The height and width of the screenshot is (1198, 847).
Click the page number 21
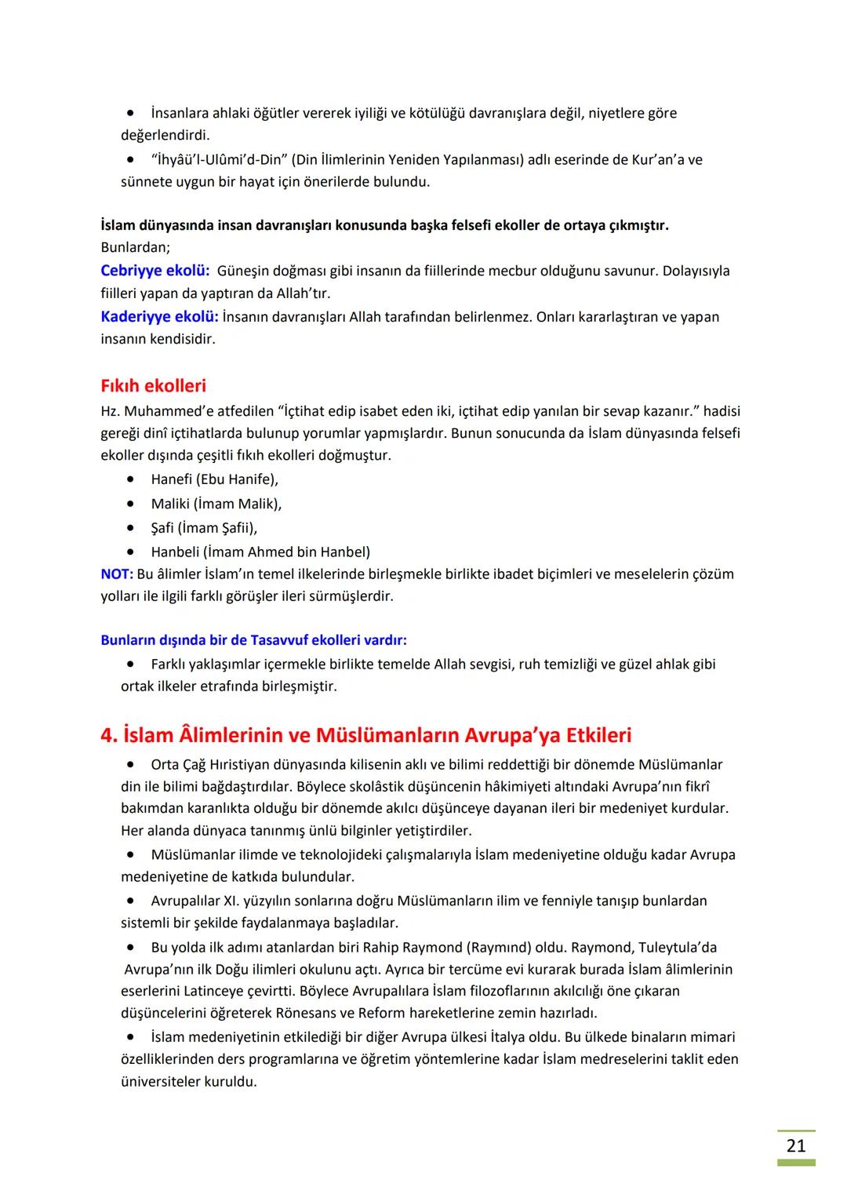click(795, 1145)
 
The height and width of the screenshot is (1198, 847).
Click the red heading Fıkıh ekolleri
click(153, 386)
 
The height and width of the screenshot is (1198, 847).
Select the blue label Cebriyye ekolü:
click(154, 271)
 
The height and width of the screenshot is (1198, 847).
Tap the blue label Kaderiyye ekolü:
click(159, 317)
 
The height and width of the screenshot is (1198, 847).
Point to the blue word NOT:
click(116, 574)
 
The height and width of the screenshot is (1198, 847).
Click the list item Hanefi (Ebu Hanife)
click(214, 479)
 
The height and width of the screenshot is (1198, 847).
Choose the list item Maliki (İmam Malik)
click(216, 504)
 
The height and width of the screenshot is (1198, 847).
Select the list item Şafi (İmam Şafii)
click(204, 527)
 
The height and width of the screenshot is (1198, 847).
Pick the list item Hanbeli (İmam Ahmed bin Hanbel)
click(260, 552)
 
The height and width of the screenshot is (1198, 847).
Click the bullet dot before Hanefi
click(130, 479)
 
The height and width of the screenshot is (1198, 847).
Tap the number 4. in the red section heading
click(109, 735)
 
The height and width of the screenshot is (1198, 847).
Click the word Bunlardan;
click(135, 247)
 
